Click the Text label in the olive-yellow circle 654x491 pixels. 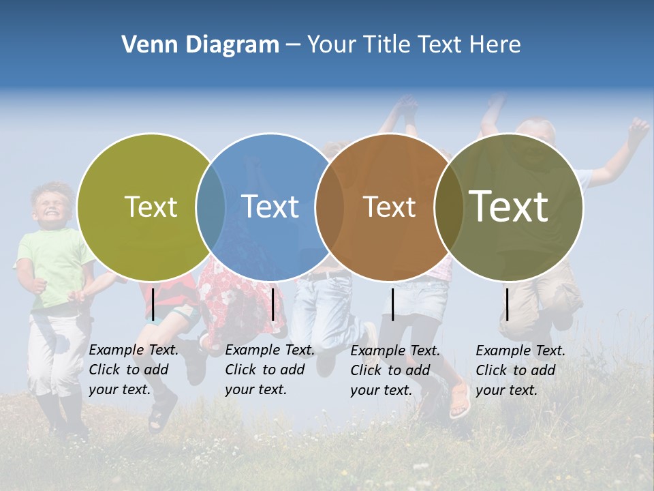(x=151, y=207)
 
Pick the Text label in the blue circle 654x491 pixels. (x=270, y=207)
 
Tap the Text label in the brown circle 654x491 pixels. (x=389, y=207)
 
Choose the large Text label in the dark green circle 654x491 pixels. (x=509, y=206)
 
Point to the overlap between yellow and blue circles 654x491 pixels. (x=211, y=207)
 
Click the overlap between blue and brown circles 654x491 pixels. (x=329, y=207)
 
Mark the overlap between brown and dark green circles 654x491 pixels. (x=447, y=207)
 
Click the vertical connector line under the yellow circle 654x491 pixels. (x=153, y=304)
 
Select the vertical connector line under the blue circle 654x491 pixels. (x=272, y=304)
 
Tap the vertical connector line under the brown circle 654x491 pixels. (x=392, y=304)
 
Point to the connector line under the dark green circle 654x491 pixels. (x=507, y=304)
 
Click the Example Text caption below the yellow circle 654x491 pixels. (x=134, y=370)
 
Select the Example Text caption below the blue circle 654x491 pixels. (x=270, y=370)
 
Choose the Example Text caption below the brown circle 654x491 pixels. (x=395, y=370)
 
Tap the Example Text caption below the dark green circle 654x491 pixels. (x=520, y=370)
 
